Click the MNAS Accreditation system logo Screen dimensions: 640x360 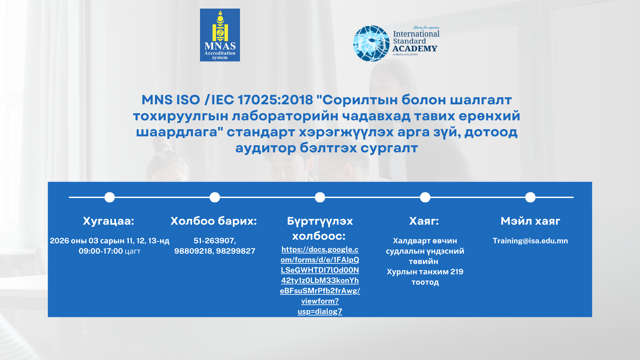pyautogui.click(x=220, y=35)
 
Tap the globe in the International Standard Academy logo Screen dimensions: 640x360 pyautogui.click(x=371, y=43)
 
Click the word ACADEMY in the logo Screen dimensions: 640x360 pyautogui.click(x=415, y=49)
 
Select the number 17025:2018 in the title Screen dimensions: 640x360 pyautogui.click(x=276, y=100)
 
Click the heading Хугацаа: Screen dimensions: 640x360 pyautogui.click(x=109, y=221)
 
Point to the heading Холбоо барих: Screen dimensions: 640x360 pyautogui.click(x=214, y=221)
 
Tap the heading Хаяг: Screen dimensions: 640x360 pyautogui.click(x=424, y=221)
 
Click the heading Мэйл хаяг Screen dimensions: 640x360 pyautogui.click(x=530, y=221)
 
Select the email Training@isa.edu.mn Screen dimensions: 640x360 pyautogui.click(x=530, y=241)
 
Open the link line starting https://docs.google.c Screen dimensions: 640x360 pyautogui.click(x=320, y=249)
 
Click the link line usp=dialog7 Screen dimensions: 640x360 pyautogui.click(x=320, y=311)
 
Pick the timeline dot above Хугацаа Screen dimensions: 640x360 pyautogui.click(x=110, y=197)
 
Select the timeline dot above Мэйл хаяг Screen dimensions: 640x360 pyautogui.click(x=530, y=197)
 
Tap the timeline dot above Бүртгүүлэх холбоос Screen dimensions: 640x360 pyautogui.click(x=320, y=197)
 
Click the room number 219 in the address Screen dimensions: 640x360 pyautogui.click(x=457, y=272)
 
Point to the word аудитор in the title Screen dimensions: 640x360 pyautogui.click(x=265, y=148)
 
